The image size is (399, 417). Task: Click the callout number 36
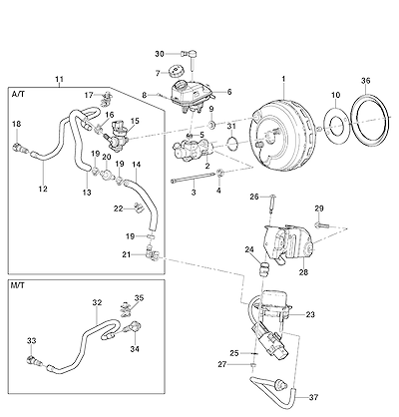click(x=365, y=81)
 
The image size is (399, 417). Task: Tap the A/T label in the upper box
click(x=18, y=94)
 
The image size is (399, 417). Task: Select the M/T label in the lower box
click(x=18, y=285)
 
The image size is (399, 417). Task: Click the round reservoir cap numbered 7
click(x=176, y=71)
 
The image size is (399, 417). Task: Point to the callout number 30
click(x=160, y=54)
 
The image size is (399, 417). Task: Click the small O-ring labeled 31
click(x=232, y=143)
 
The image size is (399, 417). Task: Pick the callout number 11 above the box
click(x=59, y=80)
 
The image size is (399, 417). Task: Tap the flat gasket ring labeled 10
click(x=336, y=127)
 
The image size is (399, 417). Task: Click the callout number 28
click(x=303, y=272)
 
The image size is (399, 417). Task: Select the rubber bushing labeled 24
click(x=263, y=267)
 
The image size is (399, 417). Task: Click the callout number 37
click(x=313, y=397)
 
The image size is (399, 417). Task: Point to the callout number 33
click(x=31, y=340)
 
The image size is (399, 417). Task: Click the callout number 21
click(x=127, y=254)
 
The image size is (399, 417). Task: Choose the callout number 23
click(x=310, y=314)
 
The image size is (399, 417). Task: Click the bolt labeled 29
click(x=321, y=225)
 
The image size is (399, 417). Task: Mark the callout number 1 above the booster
click(x=283, y=79)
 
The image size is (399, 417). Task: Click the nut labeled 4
click(x=219, y=172)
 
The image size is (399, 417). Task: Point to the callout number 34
click(x=135, y=349)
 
